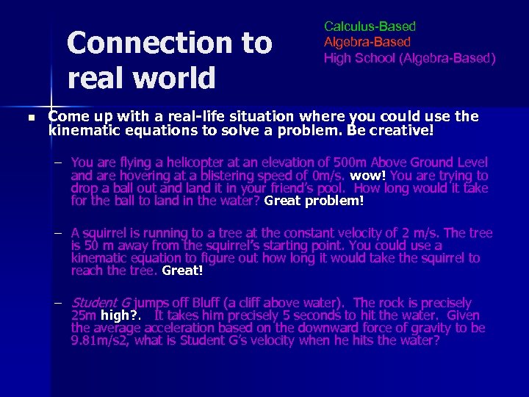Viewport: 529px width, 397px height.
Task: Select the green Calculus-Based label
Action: pos(370,27)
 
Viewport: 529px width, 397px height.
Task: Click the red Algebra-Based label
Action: pos(367,42)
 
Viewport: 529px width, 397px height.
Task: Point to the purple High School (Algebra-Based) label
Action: pos(409,57)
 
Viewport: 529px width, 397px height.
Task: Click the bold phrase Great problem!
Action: pos(314,200)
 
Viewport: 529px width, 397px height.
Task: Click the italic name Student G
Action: pos(101,303)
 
